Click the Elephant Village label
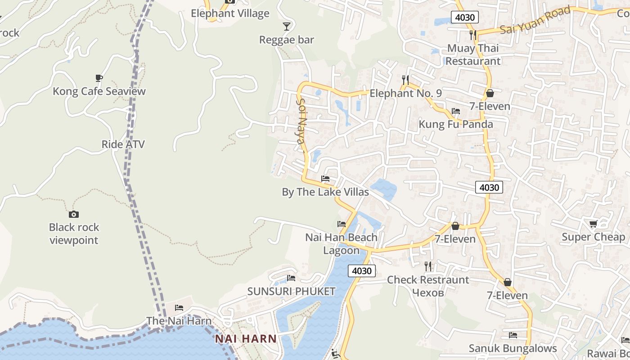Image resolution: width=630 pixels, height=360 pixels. point(230,13)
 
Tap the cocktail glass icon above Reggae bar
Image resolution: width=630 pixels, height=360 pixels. point(287,26)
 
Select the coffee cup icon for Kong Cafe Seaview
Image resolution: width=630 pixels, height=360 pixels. point(99,78)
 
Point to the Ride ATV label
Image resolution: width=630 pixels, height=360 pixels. point(123,144)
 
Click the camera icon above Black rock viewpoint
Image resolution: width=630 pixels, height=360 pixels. point(74,214)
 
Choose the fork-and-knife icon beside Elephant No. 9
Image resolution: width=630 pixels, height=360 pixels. point(405,80)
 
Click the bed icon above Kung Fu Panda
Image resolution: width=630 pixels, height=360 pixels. point(455,111)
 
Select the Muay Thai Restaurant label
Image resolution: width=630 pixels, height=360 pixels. point(473,54)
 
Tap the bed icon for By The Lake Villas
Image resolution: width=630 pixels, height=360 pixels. point(325,179)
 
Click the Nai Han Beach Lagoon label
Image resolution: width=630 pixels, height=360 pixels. point(341,243)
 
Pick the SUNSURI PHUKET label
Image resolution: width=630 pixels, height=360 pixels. point(291,292)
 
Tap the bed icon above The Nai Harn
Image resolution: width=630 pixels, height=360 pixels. point(179,308)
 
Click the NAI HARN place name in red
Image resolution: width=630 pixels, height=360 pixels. point(245,339)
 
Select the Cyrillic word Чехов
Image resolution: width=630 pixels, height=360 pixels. point(427,292)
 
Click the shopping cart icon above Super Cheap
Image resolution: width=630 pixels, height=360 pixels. point(594,224)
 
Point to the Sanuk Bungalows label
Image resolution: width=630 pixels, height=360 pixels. point(513,348)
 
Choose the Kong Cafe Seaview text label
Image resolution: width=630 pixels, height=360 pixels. point(99,91)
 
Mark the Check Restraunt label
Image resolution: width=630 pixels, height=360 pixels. point(428,280)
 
